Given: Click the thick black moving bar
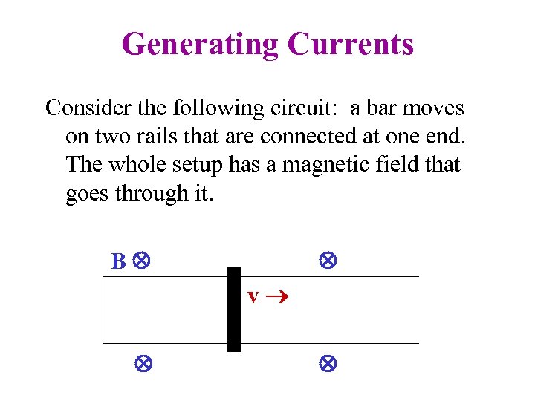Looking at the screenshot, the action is coord(234,309).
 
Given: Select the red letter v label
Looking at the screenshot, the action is coord(253,296).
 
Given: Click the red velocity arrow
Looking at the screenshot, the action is coord(276,297).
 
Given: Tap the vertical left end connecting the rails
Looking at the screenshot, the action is coord(103,310).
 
